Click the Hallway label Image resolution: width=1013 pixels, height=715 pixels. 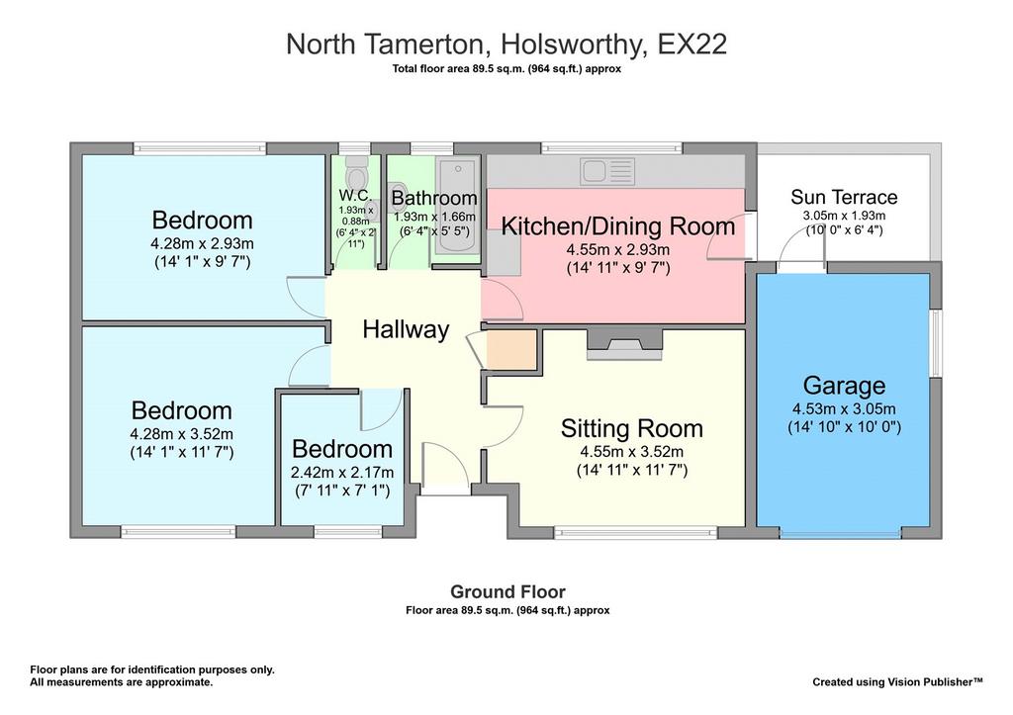406,329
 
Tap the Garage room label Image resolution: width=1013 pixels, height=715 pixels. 844,386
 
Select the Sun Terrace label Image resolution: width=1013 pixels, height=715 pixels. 844,197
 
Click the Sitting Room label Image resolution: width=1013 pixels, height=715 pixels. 632,428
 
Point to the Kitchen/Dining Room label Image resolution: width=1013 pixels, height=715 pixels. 618,226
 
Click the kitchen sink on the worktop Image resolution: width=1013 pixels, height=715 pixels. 607,172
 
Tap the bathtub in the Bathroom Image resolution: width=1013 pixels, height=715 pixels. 457,206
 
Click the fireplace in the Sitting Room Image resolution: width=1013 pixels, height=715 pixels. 625,344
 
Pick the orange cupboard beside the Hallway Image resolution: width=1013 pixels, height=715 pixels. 511,351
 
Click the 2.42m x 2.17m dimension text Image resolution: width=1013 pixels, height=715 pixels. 342,472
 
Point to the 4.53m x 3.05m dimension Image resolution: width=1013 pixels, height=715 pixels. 844,408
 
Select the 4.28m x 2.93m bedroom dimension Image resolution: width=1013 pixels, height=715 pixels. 202,244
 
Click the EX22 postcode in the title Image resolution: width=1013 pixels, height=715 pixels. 691,45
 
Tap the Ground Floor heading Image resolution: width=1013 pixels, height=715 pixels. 507,591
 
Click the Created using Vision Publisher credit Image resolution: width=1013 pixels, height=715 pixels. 897,682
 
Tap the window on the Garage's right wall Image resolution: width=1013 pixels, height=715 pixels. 936,342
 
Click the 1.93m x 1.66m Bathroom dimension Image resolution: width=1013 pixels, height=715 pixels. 435,217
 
